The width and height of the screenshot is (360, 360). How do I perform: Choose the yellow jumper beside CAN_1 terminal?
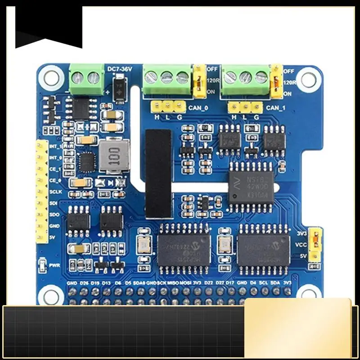point(276,81)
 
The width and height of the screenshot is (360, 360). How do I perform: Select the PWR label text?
point(55,265)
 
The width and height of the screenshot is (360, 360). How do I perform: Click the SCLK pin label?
point(55,191)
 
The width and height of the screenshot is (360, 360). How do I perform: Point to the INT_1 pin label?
point(55,147)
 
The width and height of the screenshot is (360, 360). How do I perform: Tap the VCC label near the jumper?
point(301,245)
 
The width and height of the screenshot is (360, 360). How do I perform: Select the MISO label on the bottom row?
point(173,283)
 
